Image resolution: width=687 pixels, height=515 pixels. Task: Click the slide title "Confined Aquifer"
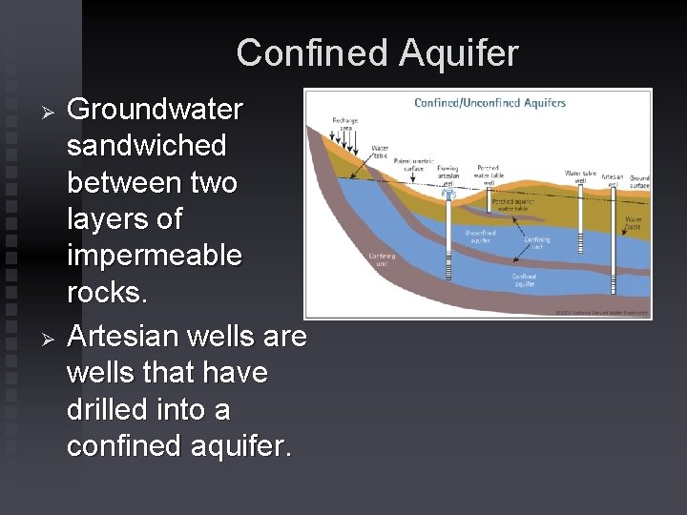coord(377,52)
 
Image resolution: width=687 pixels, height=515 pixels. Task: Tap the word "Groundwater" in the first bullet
coord(156,110)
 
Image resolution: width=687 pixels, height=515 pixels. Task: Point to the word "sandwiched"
coord(147,146)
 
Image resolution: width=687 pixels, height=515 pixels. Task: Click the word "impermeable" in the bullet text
coord(155,256)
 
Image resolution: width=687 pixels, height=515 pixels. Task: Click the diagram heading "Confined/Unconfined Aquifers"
coord(489,103)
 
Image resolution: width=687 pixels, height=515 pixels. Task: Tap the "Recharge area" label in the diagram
coord(344,123)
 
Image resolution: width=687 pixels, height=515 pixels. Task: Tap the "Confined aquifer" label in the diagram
coord(524,279)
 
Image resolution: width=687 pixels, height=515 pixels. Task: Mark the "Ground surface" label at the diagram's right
coord(638,181)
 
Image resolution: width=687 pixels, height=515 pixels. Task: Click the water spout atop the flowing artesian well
coord(448,193)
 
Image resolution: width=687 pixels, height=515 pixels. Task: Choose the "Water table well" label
coord(580,177)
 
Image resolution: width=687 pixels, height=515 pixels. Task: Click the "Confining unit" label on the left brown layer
coord(382,259)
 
